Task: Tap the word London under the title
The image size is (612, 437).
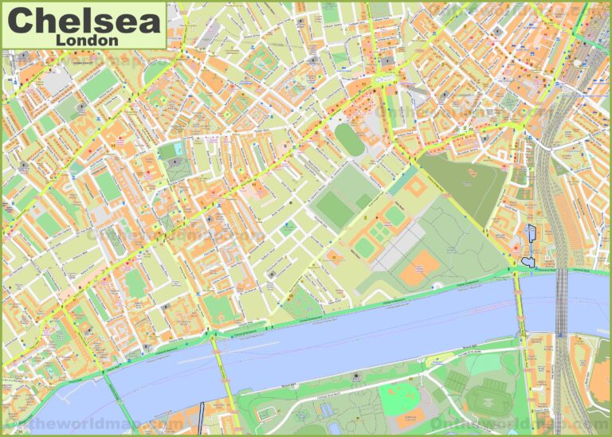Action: tap(88, 39)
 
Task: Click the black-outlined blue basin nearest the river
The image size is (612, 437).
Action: tap(526, 257)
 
